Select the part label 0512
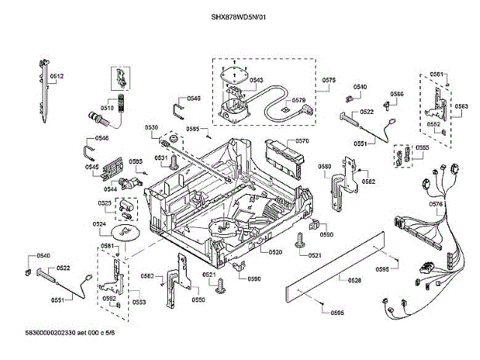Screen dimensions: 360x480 point(57,76)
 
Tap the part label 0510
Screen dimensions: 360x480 point(106,107)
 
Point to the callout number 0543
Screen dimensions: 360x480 point(256,80)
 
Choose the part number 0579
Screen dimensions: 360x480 point(298,100)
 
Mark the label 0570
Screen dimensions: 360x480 point(302,141)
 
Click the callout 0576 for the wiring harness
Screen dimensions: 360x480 point(436,204)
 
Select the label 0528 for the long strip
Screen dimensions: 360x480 point(355,280)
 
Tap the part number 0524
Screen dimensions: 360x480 point(99,223)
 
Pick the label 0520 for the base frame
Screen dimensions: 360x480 point(275,252)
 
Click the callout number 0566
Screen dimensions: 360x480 point(397,94)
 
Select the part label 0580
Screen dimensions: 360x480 point(324,166)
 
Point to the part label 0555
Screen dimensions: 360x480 point(422,148)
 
